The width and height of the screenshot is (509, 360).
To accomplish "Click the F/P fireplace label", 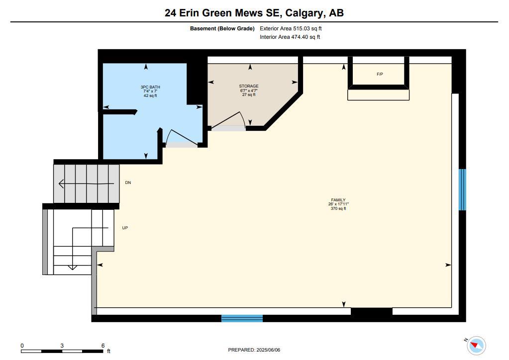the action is click(x=380, y=74).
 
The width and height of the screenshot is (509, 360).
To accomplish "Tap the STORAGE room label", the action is click(x=249, y=86).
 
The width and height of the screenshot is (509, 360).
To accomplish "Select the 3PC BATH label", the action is click(x=150, y=87).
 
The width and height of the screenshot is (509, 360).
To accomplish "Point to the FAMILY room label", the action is click(x=338, y=200).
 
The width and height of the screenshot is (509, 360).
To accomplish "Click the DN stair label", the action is click(x=128, y=182).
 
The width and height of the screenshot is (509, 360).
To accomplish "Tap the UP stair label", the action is click(x=125, y=228).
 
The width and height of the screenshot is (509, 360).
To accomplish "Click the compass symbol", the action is click(x=476, y=346).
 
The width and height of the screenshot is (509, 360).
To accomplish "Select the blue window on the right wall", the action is click(x=462, y=189).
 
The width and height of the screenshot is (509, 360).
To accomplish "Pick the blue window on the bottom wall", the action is click(x=242, y=318).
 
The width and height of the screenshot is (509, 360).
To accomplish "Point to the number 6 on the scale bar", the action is click(x=103, y=346).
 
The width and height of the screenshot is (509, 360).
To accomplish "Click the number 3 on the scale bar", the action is click(x=62, y=346).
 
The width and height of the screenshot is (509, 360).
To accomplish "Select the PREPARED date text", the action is click(x=254, y=350).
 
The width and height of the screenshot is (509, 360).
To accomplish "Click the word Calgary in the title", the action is click(x=304, y=13).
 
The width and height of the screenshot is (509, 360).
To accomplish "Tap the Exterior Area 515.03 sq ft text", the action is click(x=291, y=28).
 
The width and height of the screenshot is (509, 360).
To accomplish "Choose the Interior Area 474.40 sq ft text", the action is click(x=290, y=37).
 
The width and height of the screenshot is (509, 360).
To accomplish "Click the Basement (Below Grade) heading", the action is click(x=222, y=28).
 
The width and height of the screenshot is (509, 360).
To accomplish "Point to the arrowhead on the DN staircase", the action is click(x=61, y=183).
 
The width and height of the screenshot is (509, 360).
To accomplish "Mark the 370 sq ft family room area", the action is click(x=338, y=208).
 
